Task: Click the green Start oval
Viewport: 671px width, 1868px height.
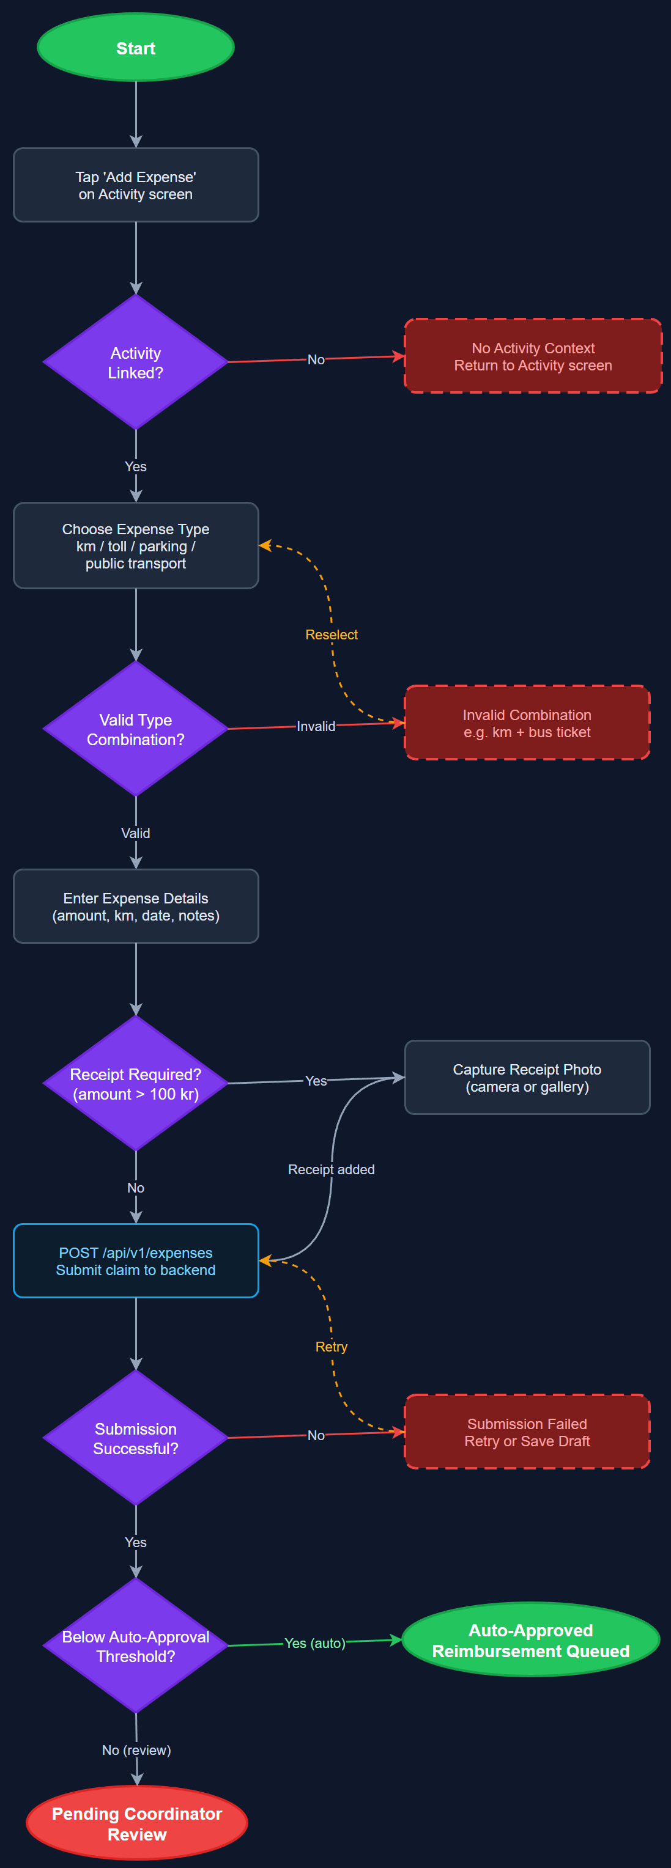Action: [136, 48]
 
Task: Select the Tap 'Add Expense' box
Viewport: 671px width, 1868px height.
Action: [136, 186]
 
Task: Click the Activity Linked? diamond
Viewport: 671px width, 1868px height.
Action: [136, 362]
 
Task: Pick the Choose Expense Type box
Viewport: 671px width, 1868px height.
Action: [136, 546]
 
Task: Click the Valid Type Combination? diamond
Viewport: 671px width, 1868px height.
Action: [136, 729]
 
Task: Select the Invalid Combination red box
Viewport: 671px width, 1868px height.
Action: [527, 724]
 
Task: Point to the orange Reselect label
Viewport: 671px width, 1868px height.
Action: [332, 635]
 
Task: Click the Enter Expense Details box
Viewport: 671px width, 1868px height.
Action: [136, 907]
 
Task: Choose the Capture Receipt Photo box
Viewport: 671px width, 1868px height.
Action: [527, 1078]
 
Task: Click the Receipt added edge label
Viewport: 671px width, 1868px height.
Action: [332, 1170]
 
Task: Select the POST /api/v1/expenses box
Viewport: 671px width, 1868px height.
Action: [136, 1261]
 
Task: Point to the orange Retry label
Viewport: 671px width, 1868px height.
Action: [332, 1347]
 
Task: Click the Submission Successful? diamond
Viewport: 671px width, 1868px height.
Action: [136, 1439]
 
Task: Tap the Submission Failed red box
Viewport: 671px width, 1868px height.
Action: [527, 1433]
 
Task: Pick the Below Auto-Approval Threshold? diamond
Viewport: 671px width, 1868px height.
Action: [136, 1646]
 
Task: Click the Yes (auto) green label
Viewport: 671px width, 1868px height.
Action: [315, 1643]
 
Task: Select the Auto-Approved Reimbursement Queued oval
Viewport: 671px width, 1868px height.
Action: [530, 1640]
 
